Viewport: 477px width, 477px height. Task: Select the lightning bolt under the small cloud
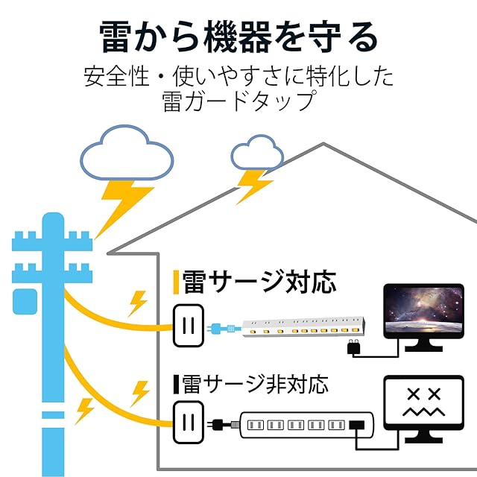coord(254,186)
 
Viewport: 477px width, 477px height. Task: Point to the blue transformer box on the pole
coord(25,302)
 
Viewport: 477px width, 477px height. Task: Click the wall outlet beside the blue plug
coord(189,326)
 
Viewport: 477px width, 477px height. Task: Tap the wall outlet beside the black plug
coord(189,423)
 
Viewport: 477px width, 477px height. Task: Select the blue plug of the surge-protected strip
coord(221,329)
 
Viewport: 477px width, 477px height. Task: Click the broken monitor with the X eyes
coord(424,408)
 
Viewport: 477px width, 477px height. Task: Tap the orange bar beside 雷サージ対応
coord(176,282)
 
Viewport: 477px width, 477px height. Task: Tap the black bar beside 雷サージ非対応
coord(176,385)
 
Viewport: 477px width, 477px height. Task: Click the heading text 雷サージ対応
coord(259,282)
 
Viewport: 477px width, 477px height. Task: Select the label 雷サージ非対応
coord(255,385)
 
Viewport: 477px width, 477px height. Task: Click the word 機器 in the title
coord(238,37)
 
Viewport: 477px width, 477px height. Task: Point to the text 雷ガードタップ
coord(238,101)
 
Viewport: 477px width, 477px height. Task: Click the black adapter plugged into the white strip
coord(354,347)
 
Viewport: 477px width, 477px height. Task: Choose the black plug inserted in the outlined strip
coord(356,425)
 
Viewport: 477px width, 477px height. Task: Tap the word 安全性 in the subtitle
coord(116,76)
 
